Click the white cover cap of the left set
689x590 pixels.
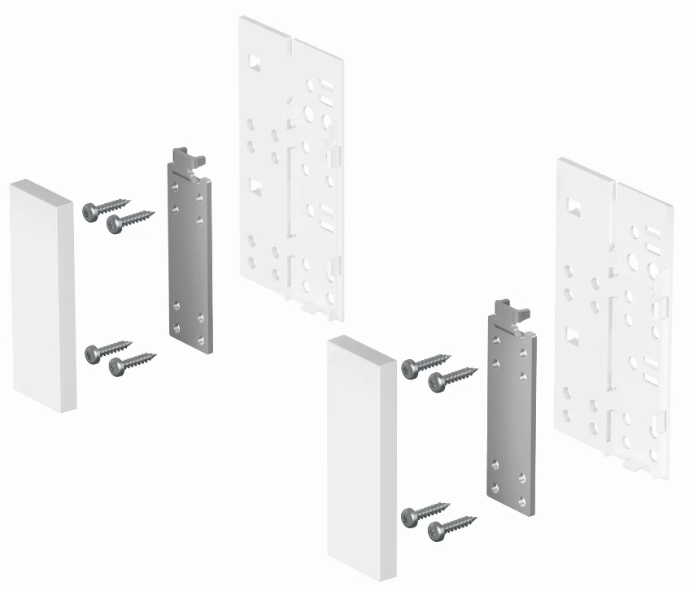[42, 297]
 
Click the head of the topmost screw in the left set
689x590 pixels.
[89, 211]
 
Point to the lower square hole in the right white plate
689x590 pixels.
[573, 335]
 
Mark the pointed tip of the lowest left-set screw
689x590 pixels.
[155, 354]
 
